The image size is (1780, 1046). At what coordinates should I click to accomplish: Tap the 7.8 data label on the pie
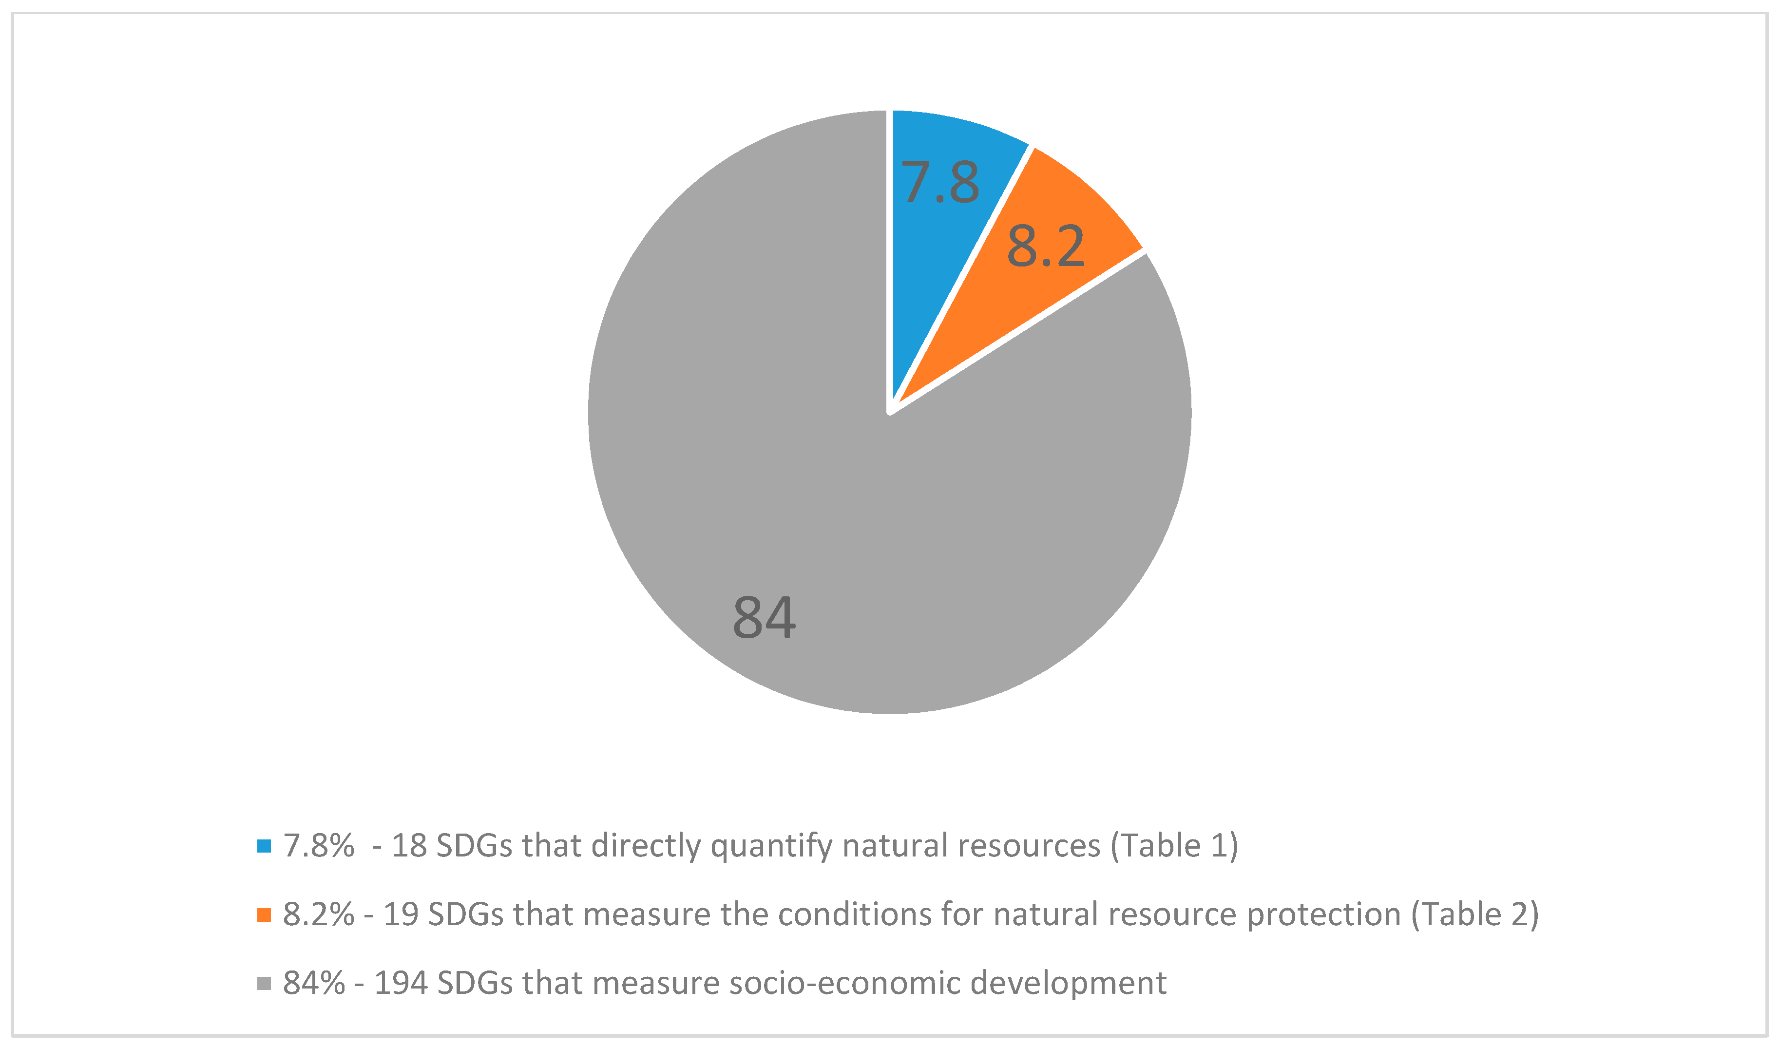point(940,182)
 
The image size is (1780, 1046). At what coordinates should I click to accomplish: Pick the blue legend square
point(264,846)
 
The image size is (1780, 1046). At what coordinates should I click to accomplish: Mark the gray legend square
point(264,983)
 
